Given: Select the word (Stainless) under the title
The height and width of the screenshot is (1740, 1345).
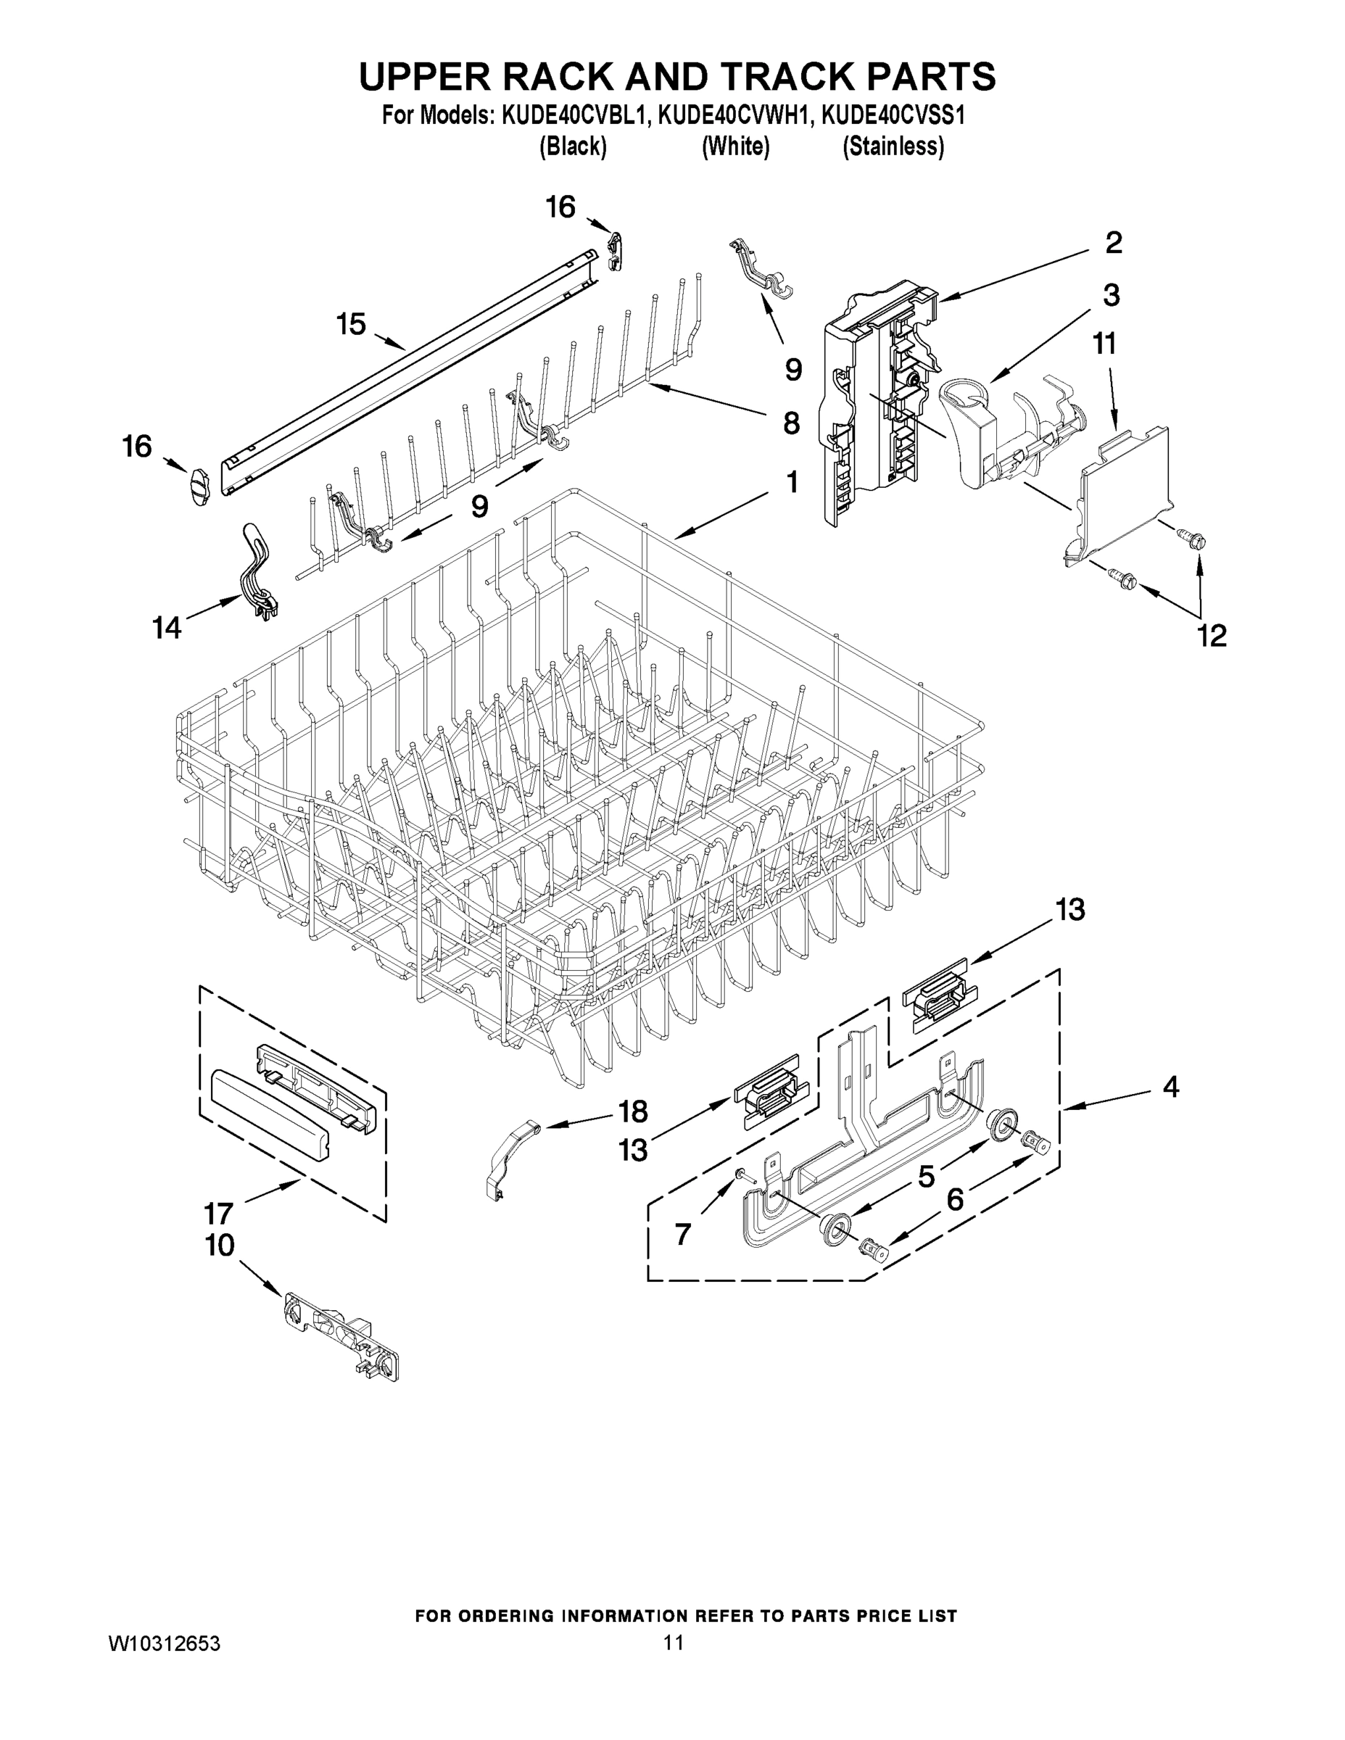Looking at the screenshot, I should (x=893, y=146).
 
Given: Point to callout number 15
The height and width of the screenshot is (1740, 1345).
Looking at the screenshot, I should (x=351, y=324).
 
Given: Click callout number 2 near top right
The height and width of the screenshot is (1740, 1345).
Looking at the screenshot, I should (x=1113, y=243).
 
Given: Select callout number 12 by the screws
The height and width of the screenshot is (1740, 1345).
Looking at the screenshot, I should (x=1212, y=635).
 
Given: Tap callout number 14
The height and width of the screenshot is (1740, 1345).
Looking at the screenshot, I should (x=167, y=628).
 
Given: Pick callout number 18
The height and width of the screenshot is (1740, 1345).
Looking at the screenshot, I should (x=634, y=1111).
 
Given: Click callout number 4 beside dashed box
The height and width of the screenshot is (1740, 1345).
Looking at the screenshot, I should (x=1170, y=1086).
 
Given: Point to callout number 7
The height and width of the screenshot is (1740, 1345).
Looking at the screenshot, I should (x=683, y=1234).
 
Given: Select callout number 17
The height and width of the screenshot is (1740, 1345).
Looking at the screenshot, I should (x=218, y=1214).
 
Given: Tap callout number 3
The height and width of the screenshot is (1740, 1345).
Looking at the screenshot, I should (x=1111, y=295).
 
